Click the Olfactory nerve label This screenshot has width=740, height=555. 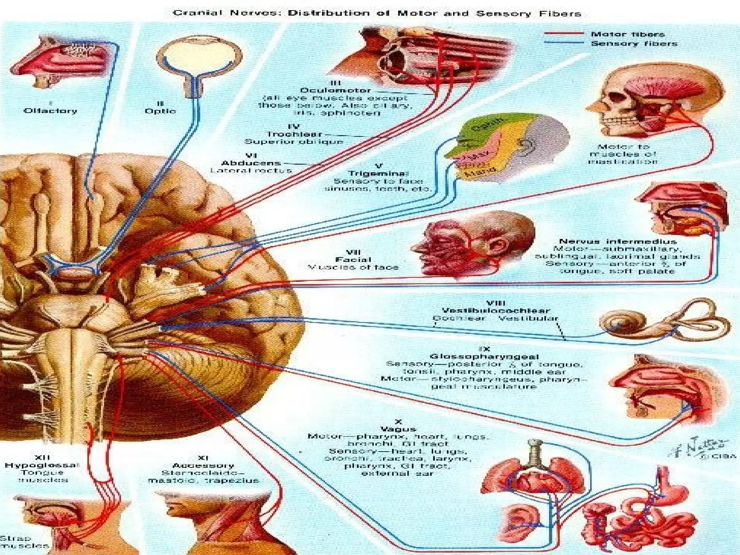tap(50, 111)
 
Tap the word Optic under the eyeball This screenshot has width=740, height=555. tap(160, 111)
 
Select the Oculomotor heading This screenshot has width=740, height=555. tap(335, 90)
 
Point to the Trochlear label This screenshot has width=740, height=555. tap(294, 134)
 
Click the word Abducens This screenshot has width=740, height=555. tap(251, 163)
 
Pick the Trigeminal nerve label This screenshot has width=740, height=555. tap(378, 173)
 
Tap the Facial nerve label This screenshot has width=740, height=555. tap(353, 259)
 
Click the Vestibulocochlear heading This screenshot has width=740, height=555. tap(496, 310)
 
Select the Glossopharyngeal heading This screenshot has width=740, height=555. tap(484, 357)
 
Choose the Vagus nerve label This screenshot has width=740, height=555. tap(398, 429)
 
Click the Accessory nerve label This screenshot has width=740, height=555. tap(203, 465)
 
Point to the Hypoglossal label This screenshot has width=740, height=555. tap(42, 465)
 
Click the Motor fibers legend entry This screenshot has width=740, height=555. tap(628, 34)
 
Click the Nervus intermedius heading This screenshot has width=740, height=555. tap(618, 241)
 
